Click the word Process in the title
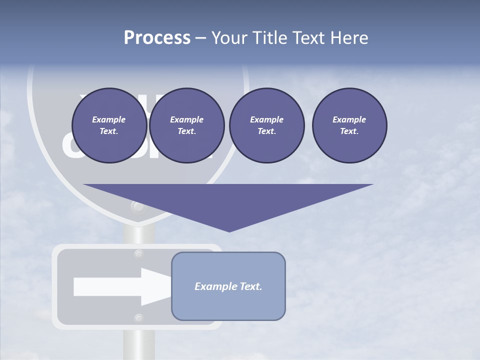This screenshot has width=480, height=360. [x=157, y=38]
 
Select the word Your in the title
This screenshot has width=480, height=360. [x=229, y=38]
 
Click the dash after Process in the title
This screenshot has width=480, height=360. [x=200, y=38]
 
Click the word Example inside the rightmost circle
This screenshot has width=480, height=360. [x=349, y=119]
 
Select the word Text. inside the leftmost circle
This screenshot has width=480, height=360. [x=109, y=131]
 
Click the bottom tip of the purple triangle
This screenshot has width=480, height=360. [x=229, y=230]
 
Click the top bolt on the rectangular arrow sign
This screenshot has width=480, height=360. [x=139, y=254]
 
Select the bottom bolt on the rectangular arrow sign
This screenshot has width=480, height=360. [x=139, y=318]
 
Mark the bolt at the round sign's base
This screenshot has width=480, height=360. [x=137, y=206]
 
